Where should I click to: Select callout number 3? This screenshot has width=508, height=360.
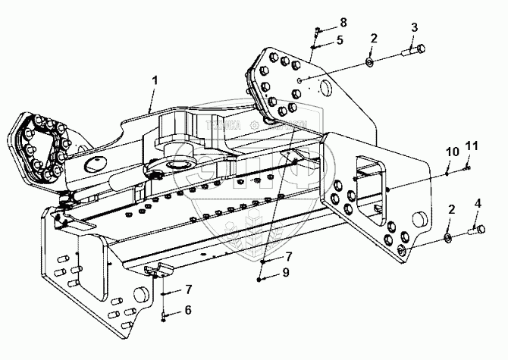pos(414,27)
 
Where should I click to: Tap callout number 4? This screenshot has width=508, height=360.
pos(477,202)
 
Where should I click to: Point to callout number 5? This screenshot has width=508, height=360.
pos(340,39)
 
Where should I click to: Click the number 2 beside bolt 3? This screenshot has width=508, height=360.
pos(373,38)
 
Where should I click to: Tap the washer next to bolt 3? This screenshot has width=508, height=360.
pos(368,60)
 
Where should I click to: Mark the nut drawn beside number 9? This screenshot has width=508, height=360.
pos(262,278)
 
